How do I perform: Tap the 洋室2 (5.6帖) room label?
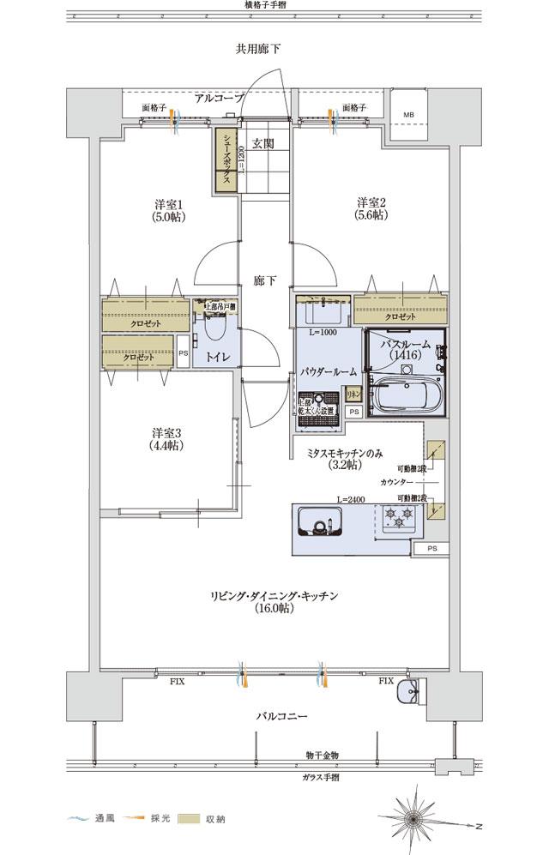[x=371, y=209]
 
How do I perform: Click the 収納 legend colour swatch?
[x=189, y=819]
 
